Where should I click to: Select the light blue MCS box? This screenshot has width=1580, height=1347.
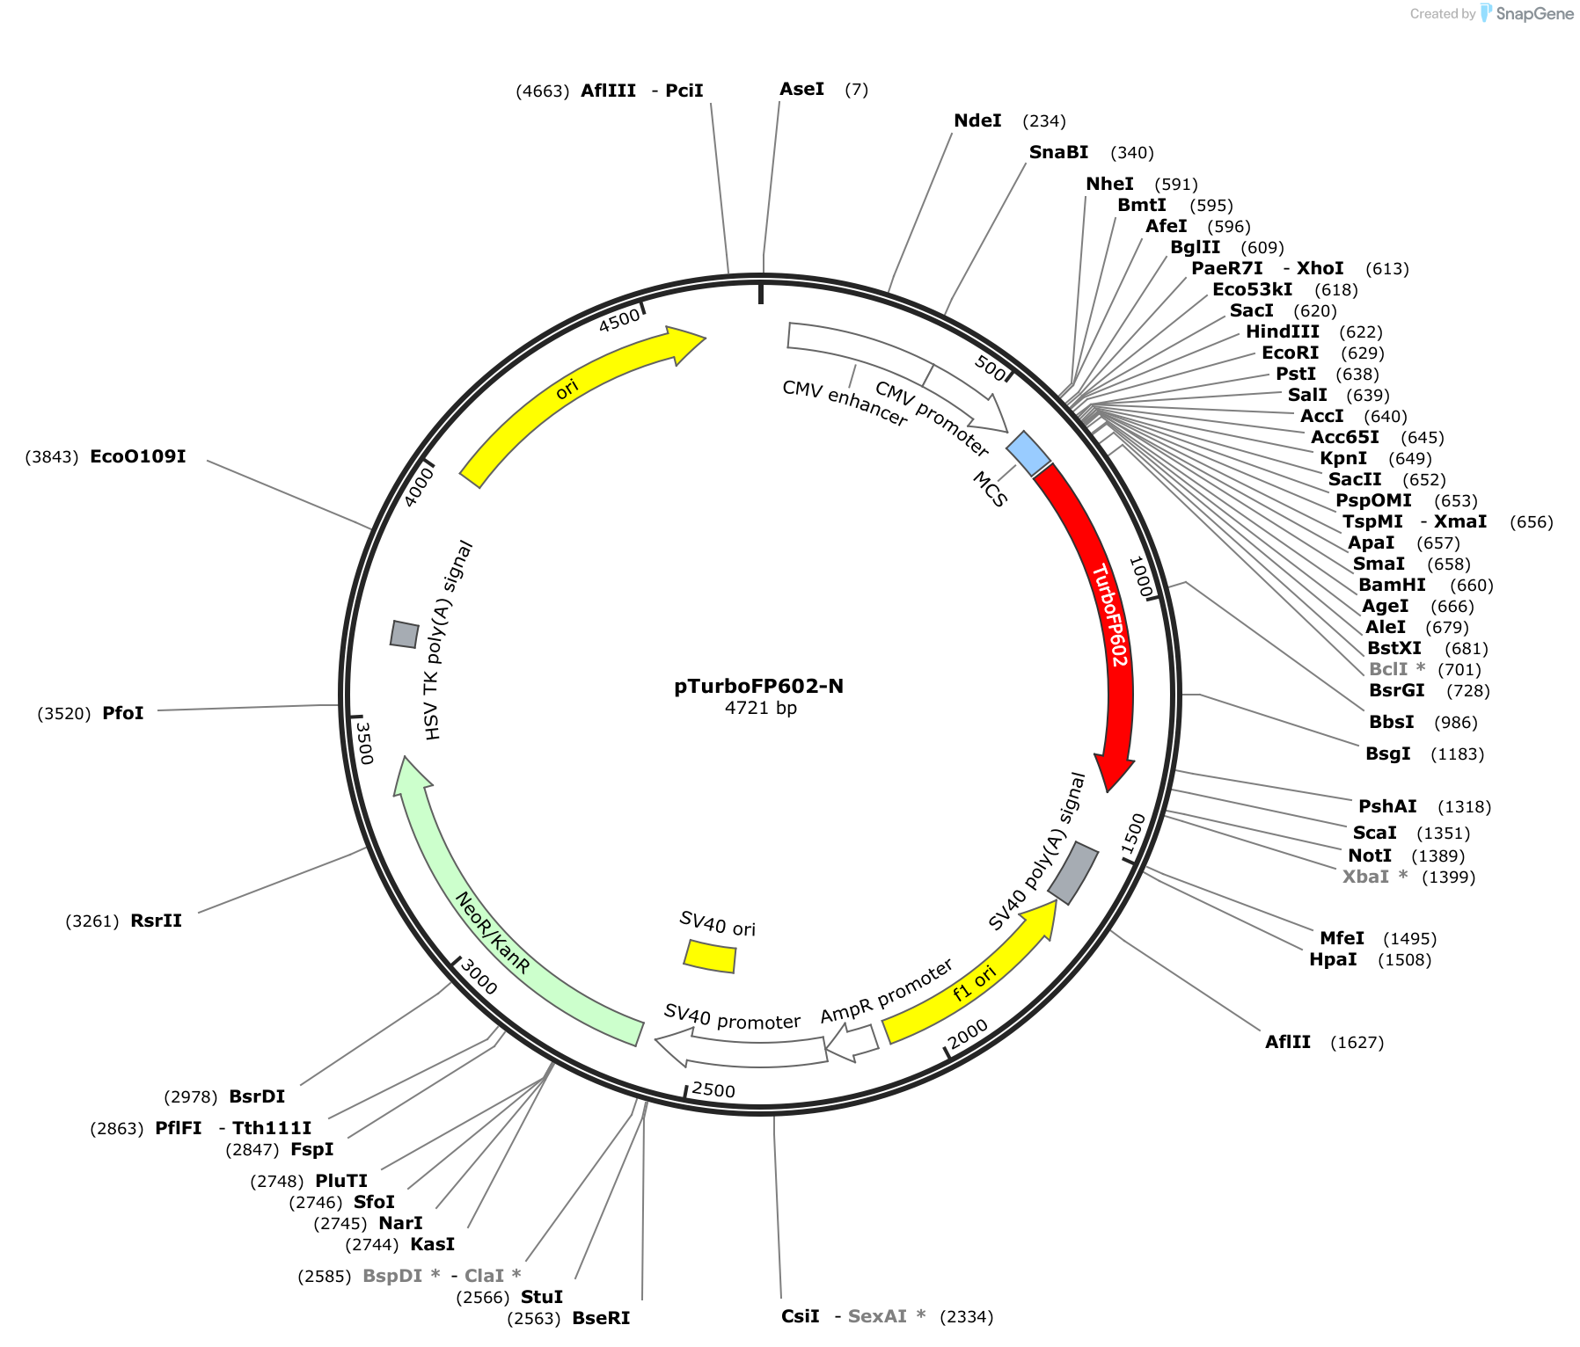pos(1028,454)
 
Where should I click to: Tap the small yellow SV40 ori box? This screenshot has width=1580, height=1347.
pos(710,957)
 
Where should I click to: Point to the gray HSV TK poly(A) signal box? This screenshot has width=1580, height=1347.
pos(405,634)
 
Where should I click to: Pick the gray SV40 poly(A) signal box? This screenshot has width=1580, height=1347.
pos(1073,873)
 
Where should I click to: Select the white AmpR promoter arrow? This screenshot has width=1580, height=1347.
pos(852,1043)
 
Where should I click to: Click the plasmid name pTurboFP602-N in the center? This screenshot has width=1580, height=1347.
pos(759,686)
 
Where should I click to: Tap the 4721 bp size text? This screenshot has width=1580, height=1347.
pos(761,708)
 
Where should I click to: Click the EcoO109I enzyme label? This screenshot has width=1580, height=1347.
pos(138,456)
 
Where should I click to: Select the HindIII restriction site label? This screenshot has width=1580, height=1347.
pos(1283,331)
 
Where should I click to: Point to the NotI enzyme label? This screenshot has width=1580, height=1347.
pos(1370,856)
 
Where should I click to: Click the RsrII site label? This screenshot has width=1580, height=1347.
pos(157,921)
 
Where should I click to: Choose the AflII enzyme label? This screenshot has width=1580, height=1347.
pos(1288,1042)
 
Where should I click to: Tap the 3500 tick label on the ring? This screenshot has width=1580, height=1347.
pos(364,743)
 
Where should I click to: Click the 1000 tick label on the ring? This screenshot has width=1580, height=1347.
pos(1140,577)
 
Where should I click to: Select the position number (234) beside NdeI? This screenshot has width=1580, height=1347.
pos(1044,121)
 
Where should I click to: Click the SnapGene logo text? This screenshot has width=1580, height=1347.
pos(1535,13)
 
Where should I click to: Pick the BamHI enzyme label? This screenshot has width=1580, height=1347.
pos(1392,585)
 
